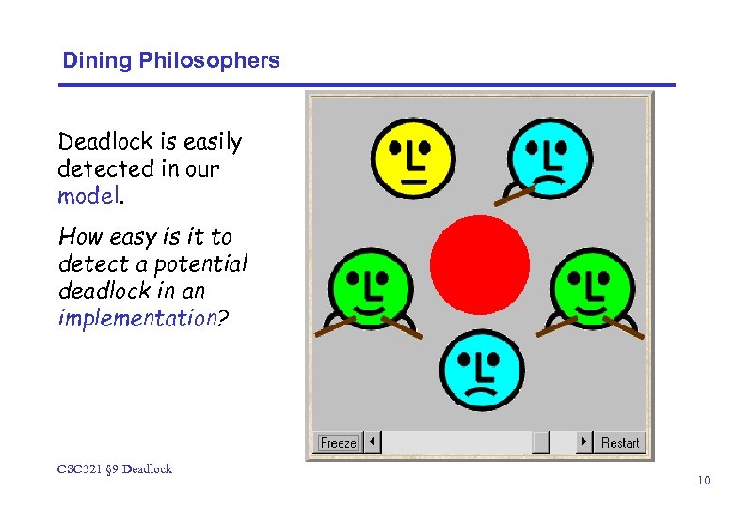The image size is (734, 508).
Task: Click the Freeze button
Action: (x=339, y=442)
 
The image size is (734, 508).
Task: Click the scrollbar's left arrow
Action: (x=374, y=442)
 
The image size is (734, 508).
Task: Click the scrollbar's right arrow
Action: (x=584, y=442)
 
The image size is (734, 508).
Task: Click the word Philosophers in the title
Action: (x=209, y=61)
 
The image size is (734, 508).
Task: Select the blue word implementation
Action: (x=137, y=318)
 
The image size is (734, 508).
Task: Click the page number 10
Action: (x=703, y=481)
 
